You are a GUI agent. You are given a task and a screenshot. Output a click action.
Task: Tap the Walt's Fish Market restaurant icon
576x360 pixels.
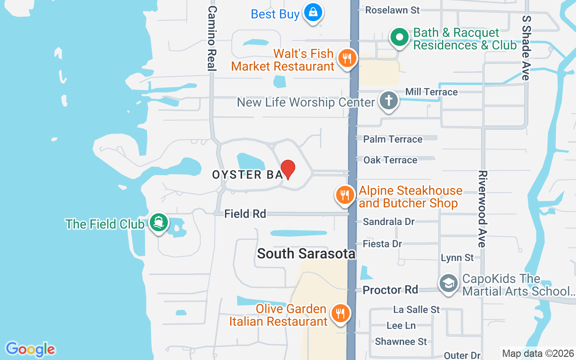tap(346, 58)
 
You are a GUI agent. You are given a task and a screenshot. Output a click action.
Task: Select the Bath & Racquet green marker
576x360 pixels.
tap(399, 38)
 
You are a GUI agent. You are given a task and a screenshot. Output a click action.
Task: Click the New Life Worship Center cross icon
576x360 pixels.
tap(388, 100)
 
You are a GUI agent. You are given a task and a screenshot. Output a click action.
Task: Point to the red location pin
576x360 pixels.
tap(288, 169)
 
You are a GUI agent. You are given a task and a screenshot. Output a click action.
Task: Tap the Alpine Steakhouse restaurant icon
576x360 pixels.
tap(345, 196)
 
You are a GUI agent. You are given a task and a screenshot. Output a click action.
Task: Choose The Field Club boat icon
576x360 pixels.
tap(158, 222)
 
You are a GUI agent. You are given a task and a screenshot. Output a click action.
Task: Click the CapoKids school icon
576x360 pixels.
tap(448, 284)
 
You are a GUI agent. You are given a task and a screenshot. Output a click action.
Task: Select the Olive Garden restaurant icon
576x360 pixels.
tap(340, 314)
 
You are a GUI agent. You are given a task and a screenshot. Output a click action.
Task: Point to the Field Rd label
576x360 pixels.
tap(245, 214)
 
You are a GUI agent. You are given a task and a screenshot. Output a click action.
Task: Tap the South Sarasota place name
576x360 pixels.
tap(306, 253)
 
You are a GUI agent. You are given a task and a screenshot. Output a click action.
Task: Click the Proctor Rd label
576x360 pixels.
tap(390, 290)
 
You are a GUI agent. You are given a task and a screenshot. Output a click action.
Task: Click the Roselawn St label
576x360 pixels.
tap(392, 10)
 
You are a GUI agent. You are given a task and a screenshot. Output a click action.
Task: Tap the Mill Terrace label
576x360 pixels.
tap(431, 92)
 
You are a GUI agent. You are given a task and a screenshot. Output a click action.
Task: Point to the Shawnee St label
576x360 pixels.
tap(400, 342)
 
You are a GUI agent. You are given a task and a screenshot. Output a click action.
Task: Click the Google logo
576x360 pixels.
tap(30, 349)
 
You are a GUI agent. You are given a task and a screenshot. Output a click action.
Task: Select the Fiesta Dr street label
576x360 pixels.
tap(382, 243)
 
